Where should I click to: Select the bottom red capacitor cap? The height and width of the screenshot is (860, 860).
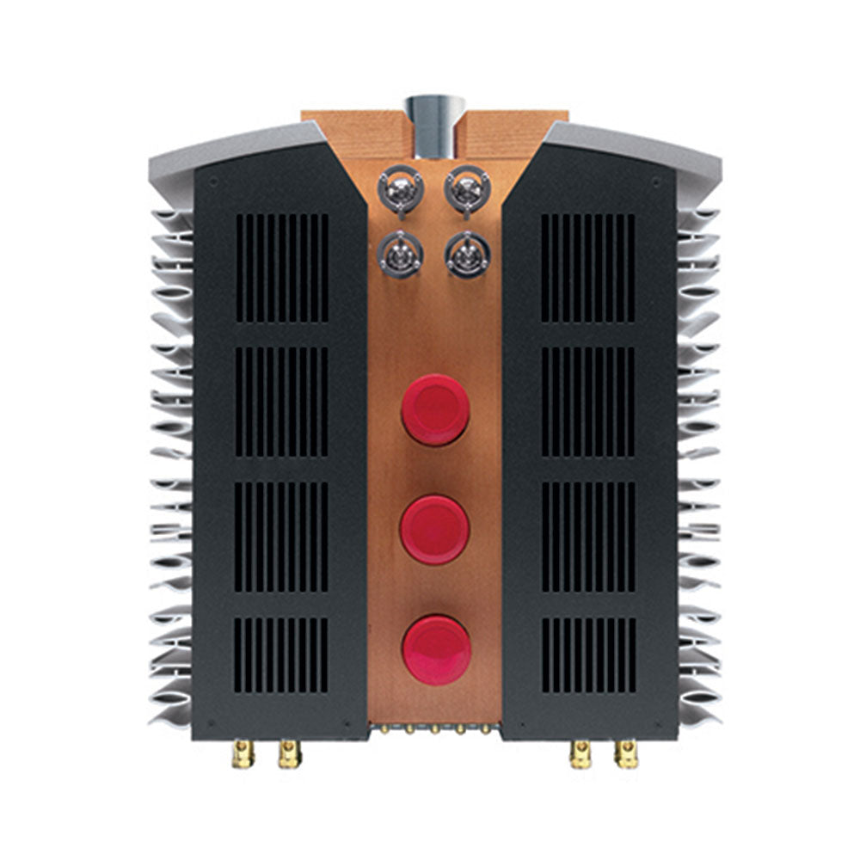click(x=436, y=646)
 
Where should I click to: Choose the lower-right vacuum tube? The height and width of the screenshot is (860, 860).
click(x=465, y=254)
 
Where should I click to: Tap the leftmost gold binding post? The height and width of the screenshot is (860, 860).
click(x=244, y=756)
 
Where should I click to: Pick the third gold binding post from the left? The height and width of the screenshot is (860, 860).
click(x=580, y=756)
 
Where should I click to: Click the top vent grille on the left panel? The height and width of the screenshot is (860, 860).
click(x=281, y=267)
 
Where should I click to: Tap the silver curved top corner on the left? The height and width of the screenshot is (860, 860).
click(x=232, y=143)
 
